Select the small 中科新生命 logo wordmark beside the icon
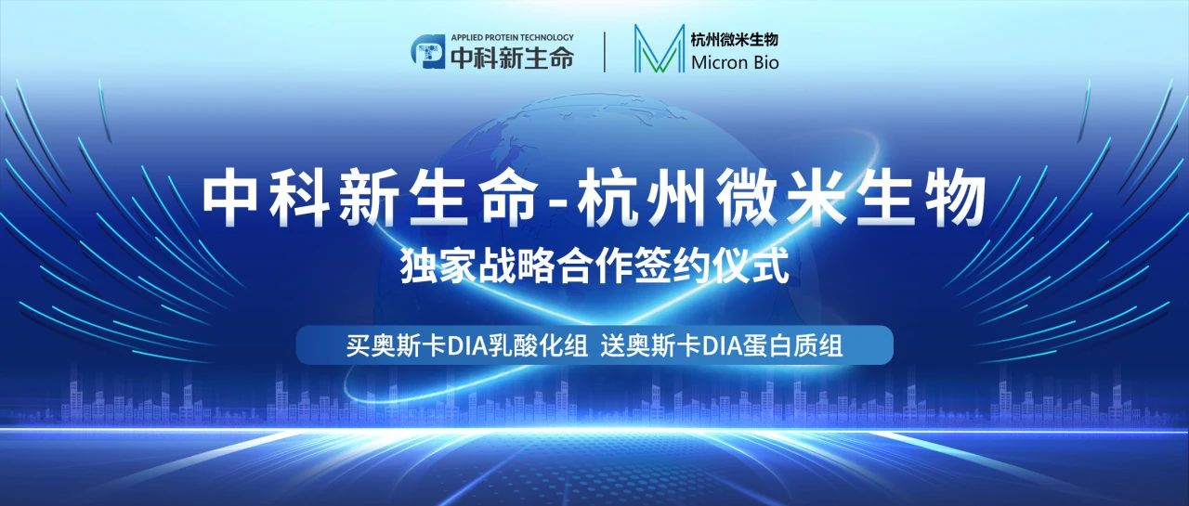510,58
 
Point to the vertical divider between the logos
606,52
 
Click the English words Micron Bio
735,63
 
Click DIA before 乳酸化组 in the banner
468,346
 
